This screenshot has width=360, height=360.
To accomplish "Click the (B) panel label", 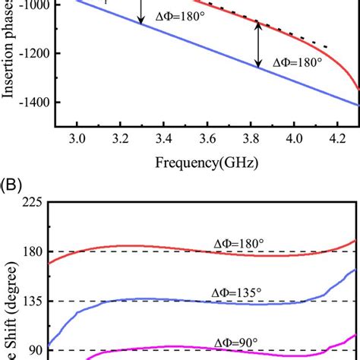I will [x=14, y=185].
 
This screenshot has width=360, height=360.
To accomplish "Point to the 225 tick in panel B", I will [x=33, y=202].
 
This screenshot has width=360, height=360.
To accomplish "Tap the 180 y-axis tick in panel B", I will [x=33, y=251].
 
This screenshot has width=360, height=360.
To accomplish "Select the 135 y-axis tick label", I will [x=33, y=301].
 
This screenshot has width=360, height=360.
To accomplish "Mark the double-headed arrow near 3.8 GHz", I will [x=258, y=46].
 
